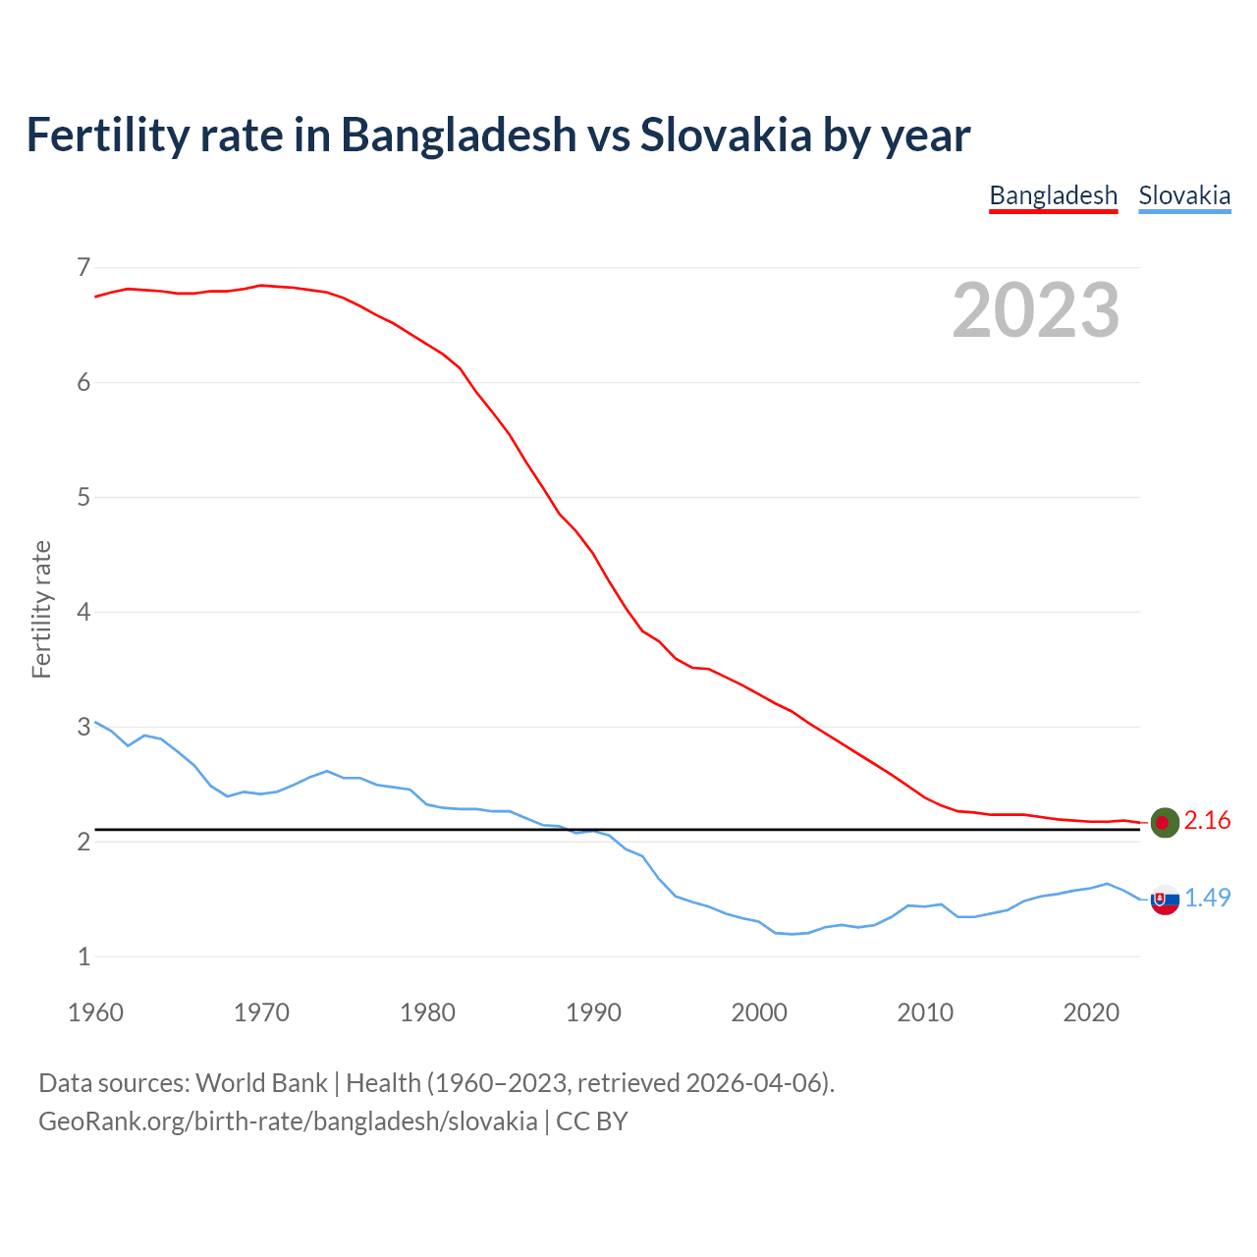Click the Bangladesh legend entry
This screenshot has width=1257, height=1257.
pyautogui.click(x=1053, y=195)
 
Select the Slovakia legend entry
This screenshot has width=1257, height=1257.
pyautogui.click(x=1184, y=195)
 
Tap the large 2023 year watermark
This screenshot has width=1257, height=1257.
pyautogui.click(x=1035, y=310)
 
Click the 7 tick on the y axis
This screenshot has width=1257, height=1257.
pyautogui.click(x=83, y=267)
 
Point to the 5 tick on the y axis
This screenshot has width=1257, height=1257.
pyautogui.click(x=83, y=497)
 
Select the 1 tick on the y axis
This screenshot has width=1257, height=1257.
pyautogui.click(x=83, y=956)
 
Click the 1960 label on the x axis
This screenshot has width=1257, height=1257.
pyautogui.click(x=95, y=1012)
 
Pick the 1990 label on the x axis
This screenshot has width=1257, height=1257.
pyautogui.click(x=593, y=1012)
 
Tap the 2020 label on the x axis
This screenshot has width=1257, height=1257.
pyautogui.click(x=1091, y=1012)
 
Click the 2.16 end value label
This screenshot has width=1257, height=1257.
pyautogui.click(x=1207, y=821)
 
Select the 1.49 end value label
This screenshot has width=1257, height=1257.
pyautogui.click(x=1207, y=898)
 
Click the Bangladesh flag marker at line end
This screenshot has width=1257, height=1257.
pyautogui.click(x=1165, y=822)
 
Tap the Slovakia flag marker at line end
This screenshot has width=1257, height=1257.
pyautogui.click(x=1165, y=900)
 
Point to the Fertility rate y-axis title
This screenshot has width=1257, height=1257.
pyautogui.click(x=41, y=609)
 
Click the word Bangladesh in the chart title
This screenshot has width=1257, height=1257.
pyautogui.click(x=459, y=135)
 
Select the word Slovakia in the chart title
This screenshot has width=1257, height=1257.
pyautogui.click(x=726, y=135)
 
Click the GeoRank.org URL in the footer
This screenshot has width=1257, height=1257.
pyautogui.click(x=288, y=1121)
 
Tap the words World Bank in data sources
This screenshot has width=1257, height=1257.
pyautogui.click(x=261, y=1083)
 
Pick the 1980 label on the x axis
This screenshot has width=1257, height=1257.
pyautogui.click(x=427, y=1012)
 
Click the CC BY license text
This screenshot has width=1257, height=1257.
pyautogui.click(x=591, y=1121)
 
